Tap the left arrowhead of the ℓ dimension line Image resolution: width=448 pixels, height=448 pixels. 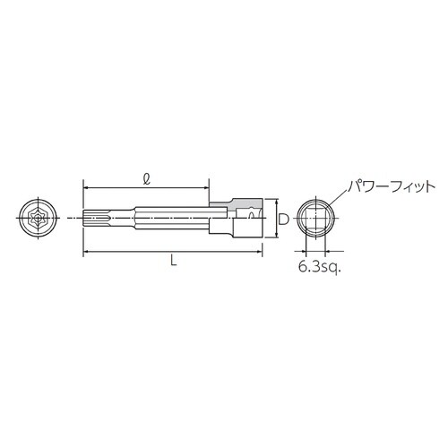87,187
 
